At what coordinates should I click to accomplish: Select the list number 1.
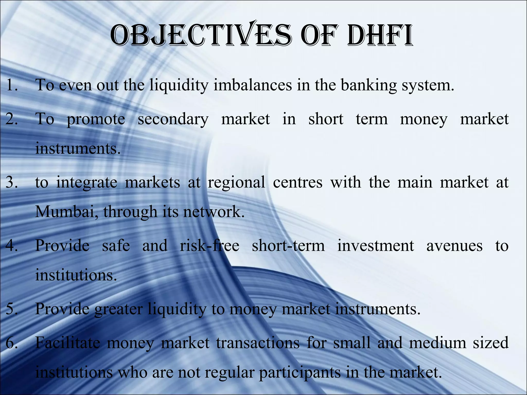click(x=12, y=85)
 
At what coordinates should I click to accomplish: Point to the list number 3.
click(x=12, y=182)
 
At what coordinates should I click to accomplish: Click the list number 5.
click(x=12, y=308)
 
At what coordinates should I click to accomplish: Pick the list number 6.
click(x=12, y=342)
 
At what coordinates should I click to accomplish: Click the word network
click(x=213, y=211)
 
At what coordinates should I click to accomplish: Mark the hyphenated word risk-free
click(x=209, y=245)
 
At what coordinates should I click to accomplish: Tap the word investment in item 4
click(x=376, y=245)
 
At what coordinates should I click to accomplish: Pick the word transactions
click(x=258, y=343)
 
